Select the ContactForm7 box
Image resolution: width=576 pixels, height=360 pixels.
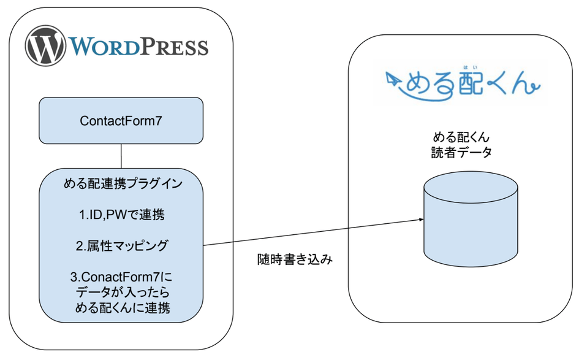(x=121, y=121)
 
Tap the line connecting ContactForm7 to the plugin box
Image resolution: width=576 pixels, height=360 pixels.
(x=121, y=156)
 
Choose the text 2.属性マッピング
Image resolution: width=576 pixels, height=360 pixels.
(x=121, y=246)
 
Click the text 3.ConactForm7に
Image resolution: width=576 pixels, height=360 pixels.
(x=121, y=277)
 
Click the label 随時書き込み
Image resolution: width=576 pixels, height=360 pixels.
(x=295, y=259)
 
